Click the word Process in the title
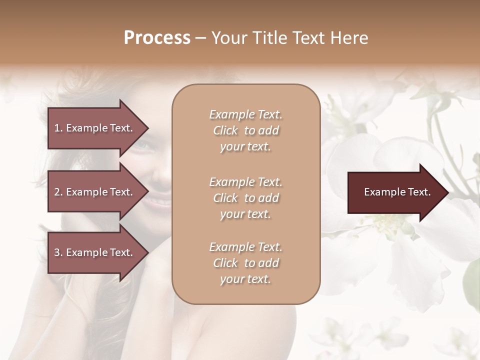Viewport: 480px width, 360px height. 157,38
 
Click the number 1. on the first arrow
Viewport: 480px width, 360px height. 58,128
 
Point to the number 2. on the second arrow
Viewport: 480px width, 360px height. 58,192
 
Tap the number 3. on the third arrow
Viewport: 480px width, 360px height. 58,252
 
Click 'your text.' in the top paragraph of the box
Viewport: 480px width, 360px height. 245,147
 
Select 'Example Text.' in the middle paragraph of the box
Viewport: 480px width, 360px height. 245,182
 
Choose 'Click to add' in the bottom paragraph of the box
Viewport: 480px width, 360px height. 245,263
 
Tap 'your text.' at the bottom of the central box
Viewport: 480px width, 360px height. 245,279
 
